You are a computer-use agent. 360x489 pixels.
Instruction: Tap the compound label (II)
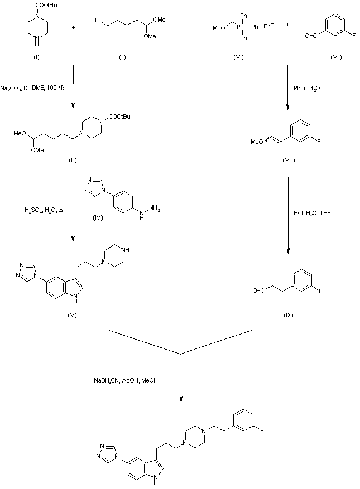(x=122, y=57)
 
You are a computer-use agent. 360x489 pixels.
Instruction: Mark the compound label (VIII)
(x=289, y=161)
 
